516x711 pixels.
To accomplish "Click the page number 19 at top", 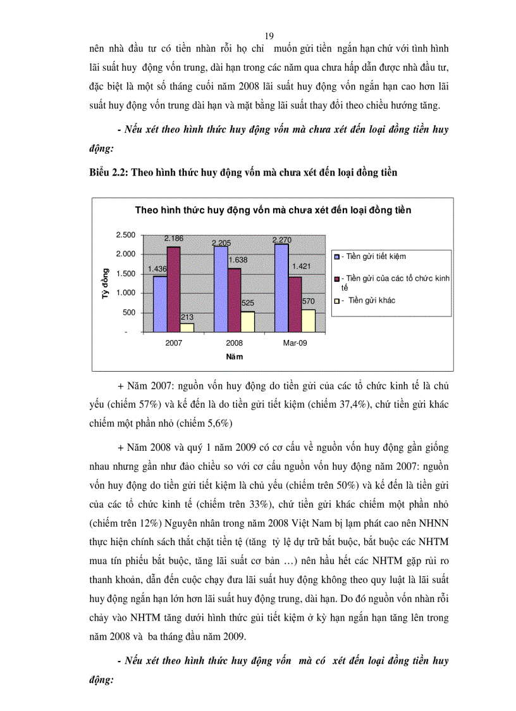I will click(269, 35).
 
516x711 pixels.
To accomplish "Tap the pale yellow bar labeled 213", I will click(187, 327).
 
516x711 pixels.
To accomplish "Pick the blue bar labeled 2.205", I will click(221, 289).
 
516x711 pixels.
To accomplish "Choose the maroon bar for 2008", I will click(235, 300).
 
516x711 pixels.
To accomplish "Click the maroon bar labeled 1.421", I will click(295, 304).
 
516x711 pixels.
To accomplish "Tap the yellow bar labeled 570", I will click(309, 320).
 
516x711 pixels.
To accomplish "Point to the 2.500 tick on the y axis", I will click(126, 235).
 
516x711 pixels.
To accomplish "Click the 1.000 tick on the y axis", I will click(126, 293).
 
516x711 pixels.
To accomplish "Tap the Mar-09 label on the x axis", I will click(295, 343).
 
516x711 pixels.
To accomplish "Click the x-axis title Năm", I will click(235, 356).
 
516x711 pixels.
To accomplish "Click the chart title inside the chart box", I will click(273, 210).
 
